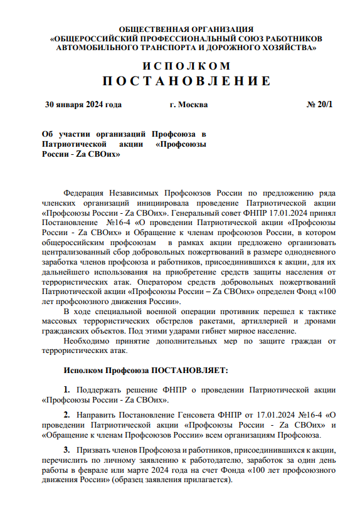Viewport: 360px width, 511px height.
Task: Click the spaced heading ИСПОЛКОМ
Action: pyautogui.click(x=186, y=66)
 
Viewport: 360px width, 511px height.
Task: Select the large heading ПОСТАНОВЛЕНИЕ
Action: pyautogui.click(x=186, y=81)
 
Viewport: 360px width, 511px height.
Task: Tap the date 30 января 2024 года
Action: pyautogui.click(x=83, y=105)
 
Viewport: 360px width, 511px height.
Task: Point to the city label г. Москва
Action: pyautogui.click(x=188, y=105)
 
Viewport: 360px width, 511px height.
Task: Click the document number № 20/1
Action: pyautogui.click(x=320, y=105)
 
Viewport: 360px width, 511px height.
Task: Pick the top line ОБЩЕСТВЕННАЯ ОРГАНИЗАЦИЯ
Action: pyautogui.click(x=186, y=29)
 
